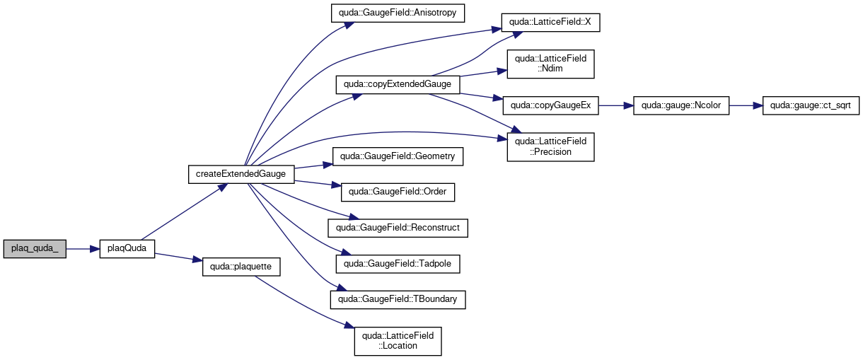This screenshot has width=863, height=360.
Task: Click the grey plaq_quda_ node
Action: pos(35,249)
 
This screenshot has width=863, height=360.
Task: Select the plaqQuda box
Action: pos(127,249)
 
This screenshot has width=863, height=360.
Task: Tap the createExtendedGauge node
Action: pos(241,175)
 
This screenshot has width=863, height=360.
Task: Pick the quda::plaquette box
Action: pos(241,267)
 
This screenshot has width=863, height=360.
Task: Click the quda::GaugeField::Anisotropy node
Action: pos(398,13)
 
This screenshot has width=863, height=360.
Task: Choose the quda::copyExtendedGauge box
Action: pos(398,85)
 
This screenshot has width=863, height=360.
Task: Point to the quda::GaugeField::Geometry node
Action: pos(398,157)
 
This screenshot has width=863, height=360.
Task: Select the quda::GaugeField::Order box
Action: pos(398,192)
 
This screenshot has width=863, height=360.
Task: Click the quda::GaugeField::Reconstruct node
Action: pos(398,228)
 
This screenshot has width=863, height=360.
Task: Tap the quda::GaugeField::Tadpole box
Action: pos(398,264)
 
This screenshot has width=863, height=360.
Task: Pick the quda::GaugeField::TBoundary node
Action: pos(398,300)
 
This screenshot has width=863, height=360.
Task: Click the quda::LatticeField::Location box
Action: pos(398,341)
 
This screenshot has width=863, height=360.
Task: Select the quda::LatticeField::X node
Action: pos(550,23)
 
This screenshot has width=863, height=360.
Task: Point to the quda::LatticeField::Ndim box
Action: pos(550,64)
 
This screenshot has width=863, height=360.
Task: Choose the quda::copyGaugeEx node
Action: pos(550,105)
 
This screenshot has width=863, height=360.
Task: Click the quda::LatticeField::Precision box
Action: pos(550,147)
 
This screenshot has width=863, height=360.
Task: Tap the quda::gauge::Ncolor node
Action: pos(681,105)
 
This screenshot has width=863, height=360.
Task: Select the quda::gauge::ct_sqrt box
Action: pos(811,105)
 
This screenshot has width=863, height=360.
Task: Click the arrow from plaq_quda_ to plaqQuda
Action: pos(83,249)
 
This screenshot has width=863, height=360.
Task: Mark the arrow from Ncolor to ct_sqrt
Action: pos(746,105)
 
